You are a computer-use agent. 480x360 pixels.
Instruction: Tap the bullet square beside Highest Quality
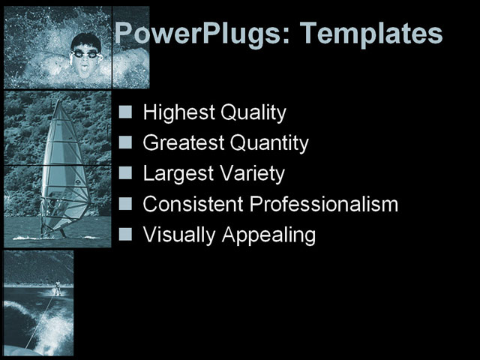click(x=126, y=112)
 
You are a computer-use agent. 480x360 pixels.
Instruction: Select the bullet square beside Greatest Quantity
click(x=126, y=142)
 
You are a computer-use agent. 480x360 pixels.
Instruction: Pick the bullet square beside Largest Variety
click(x=126, y=173)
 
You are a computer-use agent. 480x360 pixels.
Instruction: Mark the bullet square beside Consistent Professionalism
click(x=126, y=203)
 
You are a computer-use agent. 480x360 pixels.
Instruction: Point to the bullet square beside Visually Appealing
click(x=126, y=234)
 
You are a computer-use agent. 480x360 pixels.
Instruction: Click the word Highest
click(x=178, y=113)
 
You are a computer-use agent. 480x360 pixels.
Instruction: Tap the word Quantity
click(x=269, y=142)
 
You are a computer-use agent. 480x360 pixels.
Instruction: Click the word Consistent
click(x=193, y=204)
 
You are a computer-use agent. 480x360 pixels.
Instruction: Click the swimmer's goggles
click(x=85, y=53)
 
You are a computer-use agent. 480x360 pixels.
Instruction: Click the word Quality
click(x=256, y=113)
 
